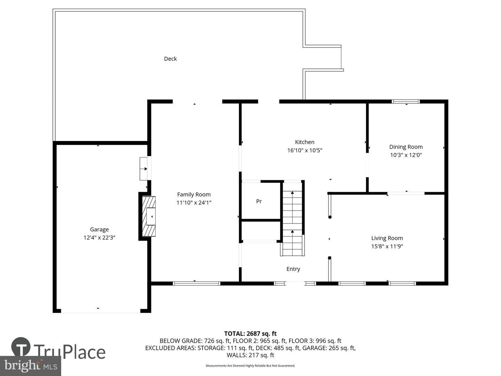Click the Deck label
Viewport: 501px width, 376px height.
170,59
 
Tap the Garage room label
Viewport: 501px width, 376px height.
99,229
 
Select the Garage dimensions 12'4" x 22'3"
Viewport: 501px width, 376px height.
99,238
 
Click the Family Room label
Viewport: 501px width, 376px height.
194,195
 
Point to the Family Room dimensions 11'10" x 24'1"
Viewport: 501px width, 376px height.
194,203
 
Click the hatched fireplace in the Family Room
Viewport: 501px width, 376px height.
149,217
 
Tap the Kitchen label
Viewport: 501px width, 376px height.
305,142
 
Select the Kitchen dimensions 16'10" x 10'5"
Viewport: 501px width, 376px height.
305,150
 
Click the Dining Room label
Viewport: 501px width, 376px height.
406,147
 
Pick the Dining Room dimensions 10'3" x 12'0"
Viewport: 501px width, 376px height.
406,155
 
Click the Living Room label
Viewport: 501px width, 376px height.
387,238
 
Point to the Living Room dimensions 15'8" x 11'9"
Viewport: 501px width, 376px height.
387,246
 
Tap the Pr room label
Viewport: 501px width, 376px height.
259,201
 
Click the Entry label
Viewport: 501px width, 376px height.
293,269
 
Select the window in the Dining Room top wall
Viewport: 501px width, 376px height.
406,102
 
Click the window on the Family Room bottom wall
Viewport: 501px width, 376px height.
197,283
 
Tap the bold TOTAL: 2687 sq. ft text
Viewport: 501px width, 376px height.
250,334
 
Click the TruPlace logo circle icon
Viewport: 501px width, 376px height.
21,347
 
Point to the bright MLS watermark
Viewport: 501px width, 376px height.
31,366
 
